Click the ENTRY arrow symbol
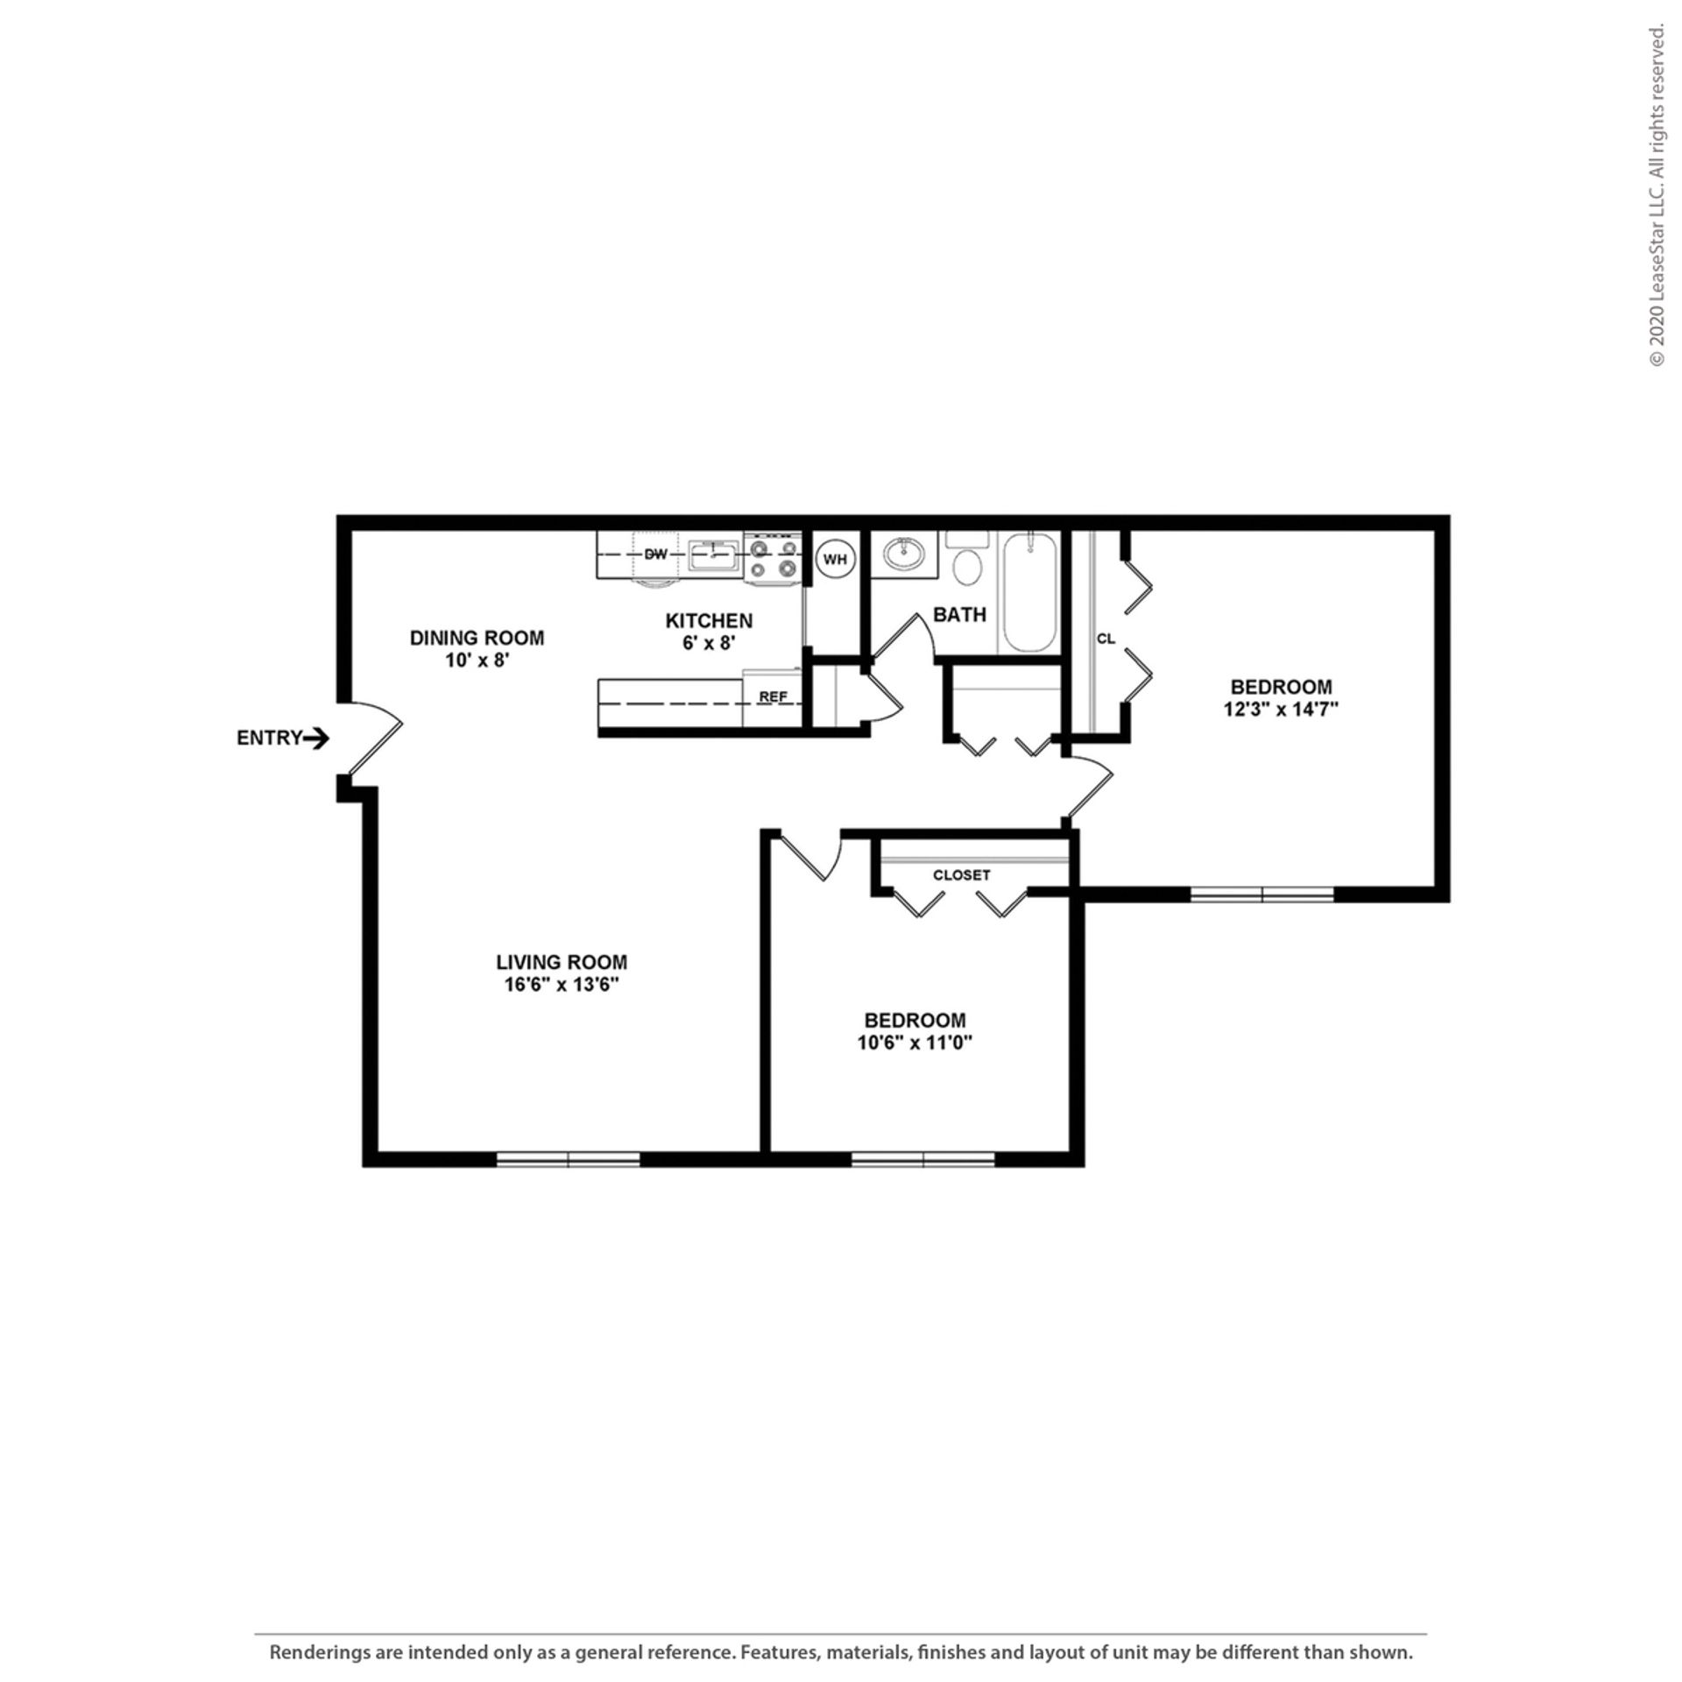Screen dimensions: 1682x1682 [316, 739]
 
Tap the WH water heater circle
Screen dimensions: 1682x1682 [835, 560]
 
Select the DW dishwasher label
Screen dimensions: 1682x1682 [655, 555]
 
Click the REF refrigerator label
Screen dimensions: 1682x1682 [773, 697]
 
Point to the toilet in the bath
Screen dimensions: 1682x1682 [967, 563]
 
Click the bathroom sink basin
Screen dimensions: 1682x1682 [903, 555]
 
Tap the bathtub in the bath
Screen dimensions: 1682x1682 [1029, 591]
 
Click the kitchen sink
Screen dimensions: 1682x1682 [714, 555]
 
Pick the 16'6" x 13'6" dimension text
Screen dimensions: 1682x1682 [562, 984]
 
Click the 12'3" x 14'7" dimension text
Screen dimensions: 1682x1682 [1281, 709]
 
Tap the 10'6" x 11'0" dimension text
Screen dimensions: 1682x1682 [915, 1042]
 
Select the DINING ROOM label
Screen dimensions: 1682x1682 [477, 638]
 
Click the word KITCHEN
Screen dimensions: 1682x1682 [709, 621]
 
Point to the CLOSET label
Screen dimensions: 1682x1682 [961, 875]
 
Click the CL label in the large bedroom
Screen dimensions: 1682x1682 [1106, 639]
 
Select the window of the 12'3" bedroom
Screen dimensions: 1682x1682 [1261, 894]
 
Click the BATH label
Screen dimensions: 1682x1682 [959, 615]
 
